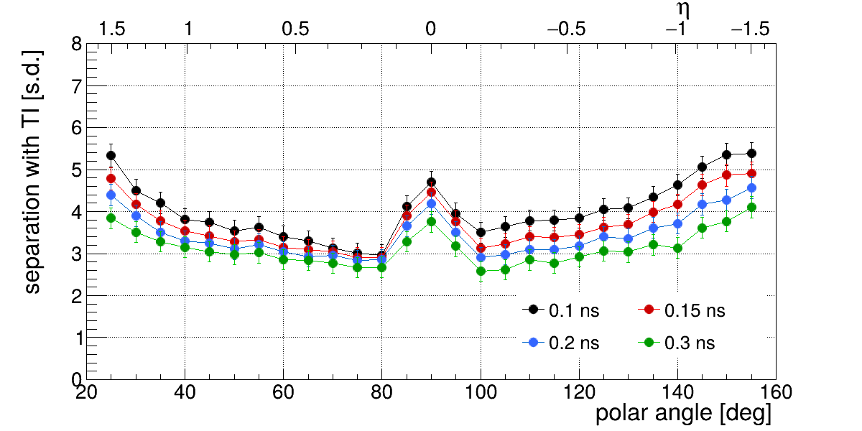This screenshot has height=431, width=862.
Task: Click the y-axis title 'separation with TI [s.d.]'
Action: tap(33, 172)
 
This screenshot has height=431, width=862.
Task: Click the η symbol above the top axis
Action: tap(683, 9)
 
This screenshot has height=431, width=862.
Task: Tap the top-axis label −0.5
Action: tap(566, 29)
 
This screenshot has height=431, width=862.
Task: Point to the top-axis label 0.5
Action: tap(295, 29)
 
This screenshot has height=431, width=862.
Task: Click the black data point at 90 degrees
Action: tap(431, 182)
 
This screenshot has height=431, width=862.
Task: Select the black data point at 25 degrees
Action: tap(111, 156)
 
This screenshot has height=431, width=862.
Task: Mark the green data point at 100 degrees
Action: tap(481, 271)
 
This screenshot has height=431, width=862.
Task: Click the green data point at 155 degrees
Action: tap(751, 207)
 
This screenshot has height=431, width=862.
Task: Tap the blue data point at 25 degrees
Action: tap(111, 195)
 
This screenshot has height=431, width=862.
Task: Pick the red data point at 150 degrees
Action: tap(726, 175)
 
